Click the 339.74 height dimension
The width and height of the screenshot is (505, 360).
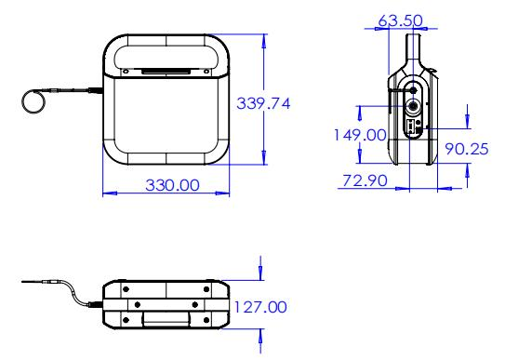263,103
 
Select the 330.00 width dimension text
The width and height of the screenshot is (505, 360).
172,185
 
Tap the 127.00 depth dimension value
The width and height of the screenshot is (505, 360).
260,307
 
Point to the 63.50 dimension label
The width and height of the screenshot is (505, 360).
400,20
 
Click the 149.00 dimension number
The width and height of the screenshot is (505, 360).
360,135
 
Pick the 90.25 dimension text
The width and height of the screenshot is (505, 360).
467,149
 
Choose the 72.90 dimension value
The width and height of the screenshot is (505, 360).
365,180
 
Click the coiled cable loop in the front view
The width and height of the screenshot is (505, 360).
33,92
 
